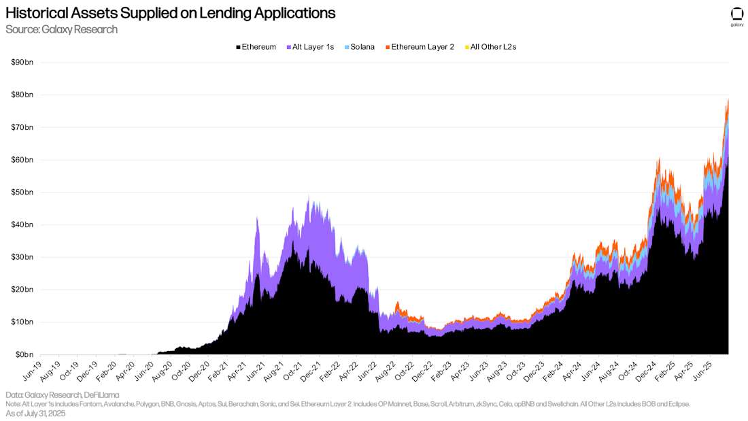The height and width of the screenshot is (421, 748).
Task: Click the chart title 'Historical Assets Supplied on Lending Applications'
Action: [170, 13]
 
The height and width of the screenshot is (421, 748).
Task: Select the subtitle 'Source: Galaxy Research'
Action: [61, 29]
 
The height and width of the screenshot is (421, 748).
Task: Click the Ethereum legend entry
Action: [256, 47]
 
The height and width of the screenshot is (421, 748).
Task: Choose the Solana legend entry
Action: [358, 47]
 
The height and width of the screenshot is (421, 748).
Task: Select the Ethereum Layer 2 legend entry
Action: [419, 47]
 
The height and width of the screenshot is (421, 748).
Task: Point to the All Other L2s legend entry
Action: [490, 47]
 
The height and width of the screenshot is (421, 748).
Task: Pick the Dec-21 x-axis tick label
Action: [309, 368]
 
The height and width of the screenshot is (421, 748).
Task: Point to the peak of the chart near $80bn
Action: [728, 99]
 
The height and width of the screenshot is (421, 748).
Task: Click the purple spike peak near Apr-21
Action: [257, 218]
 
